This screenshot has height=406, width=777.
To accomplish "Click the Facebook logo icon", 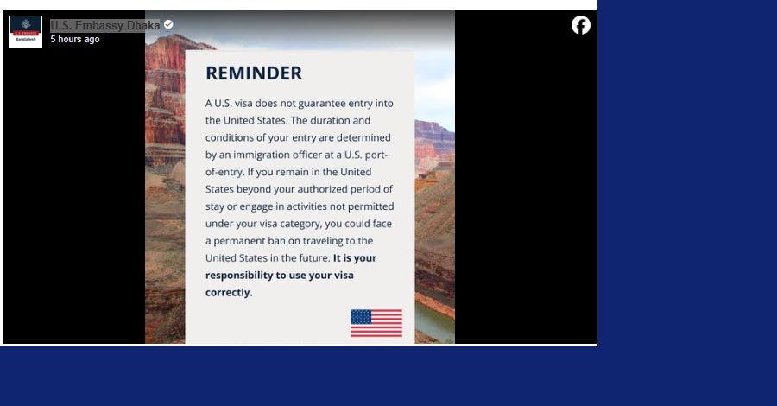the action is [581, 25].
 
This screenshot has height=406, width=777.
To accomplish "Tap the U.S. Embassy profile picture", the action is [26, 32].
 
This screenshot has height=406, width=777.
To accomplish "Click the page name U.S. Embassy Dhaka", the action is [105, 25].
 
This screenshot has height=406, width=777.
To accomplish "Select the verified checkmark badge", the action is [168, 24].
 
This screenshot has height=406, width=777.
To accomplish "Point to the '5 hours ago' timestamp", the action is [75, 39].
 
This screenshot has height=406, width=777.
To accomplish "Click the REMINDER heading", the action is [254, 73].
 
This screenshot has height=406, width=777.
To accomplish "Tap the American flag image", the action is [376, 323].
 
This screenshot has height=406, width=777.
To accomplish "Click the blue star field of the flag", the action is [361, 317].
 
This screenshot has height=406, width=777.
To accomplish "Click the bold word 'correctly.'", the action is [229, 293].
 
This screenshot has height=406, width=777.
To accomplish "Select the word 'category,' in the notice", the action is [300, 224].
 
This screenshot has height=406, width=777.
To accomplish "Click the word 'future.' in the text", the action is [313, 258].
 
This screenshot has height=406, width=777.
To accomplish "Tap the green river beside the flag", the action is [434, 322].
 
